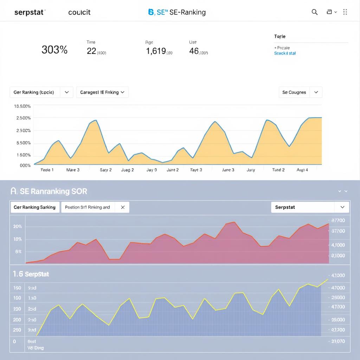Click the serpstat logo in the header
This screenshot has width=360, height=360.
(30, 12)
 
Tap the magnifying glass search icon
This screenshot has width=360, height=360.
(315, 12)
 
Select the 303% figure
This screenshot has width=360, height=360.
(54, 50)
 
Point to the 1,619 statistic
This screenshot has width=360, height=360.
(156, 51)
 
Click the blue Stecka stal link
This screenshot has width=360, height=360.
(285, 53)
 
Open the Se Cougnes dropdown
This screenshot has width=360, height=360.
(300, 92)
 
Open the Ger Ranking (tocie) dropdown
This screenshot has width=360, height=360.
(41, 92)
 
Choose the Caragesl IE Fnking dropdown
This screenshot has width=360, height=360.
(102, 92)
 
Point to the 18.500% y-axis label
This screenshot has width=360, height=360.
(22, 106)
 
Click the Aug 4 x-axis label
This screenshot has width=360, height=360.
(302, 170)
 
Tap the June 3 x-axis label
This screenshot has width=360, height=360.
(228, 170)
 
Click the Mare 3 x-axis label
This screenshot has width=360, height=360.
(73, 170)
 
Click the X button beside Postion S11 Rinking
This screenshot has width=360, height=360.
(123, 207)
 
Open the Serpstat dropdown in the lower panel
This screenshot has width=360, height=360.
(310, 207)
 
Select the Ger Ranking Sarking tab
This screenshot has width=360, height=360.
(34, 207)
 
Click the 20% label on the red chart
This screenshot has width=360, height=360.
(18, 226)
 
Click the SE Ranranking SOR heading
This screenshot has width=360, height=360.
(49, 191)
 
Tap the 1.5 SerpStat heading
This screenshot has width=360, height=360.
(31, 274)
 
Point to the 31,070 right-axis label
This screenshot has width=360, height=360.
(337, 341)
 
